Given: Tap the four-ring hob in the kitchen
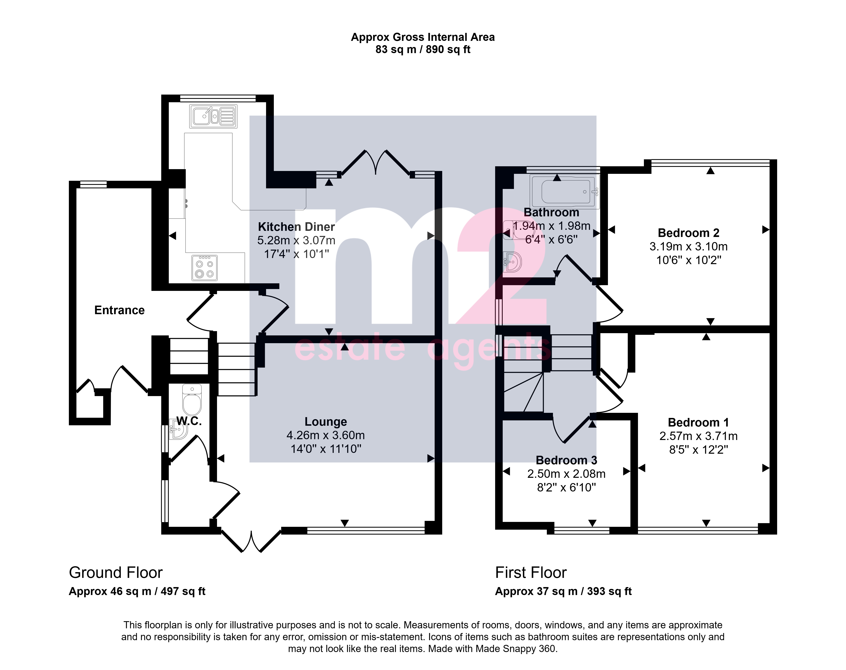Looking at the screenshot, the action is (204, 268).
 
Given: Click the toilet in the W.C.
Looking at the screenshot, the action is (192, 399).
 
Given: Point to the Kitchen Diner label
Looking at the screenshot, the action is (296, 227).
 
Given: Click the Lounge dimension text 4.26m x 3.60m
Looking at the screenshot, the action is (326, 435).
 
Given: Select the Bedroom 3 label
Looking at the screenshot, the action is (566, 460).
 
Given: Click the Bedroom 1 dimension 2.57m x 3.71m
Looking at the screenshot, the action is (698, 436).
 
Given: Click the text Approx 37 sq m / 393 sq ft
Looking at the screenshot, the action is (563, 591).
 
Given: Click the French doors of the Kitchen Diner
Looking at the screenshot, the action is (376, 163).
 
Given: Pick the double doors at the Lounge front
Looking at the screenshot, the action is (251, 541).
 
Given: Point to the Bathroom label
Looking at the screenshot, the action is (551, 212).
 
